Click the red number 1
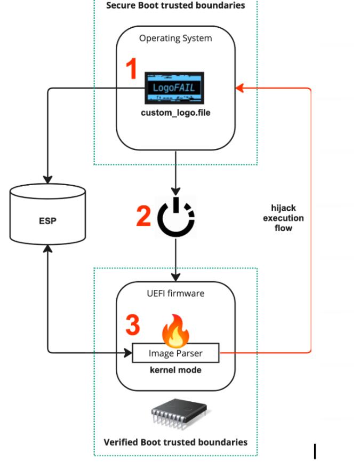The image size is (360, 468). (131, 70)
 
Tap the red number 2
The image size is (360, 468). (143, 216)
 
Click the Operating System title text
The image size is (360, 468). (175, 38)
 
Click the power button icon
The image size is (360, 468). (176, 216)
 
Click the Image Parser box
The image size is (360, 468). (175, 353)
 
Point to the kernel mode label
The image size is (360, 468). (175, 370)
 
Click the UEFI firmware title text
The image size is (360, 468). (175, 293)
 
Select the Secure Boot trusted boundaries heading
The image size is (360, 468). (175, 6)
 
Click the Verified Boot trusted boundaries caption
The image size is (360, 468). (175, 442)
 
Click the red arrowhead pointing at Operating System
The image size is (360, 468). (239, 86)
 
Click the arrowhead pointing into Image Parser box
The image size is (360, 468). (129, 352)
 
